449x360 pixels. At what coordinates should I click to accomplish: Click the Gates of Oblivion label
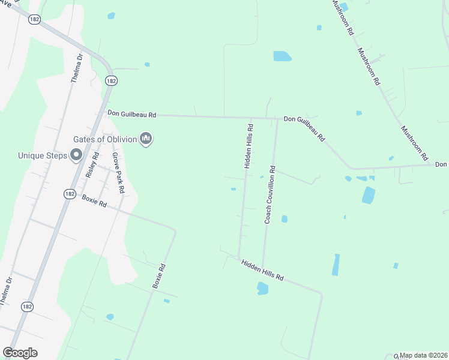pyautogui.click(x=105, y=139)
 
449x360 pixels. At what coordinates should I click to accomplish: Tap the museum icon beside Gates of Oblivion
pyautogui.click(x=145, y=140)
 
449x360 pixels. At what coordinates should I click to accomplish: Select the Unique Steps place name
pyautogui.click(x=43, y=155)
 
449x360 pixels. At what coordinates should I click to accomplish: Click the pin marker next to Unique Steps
pyautogui.click(x=76, y=156)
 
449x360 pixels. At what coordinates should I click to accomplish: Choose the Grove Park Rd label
pyautogui.click(x=118, y=172)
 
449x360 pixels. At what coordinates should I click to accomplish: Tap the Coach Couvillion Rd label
pyautogui.click(x=270, y=195)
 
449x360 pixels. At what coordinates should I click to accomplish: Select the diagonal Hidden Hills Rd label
pyautogui.click(x=262, y=270)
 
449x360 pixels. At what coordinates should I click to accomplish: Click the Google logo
pyautogui.click(x=20, y=353)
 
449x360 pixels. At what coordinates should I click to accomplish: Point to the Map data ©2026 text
pyautogui.click(x=423, y=355)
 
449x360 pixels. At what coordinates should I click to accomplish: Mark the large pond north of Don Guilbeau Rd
pyautogui.click(x=282, y=56)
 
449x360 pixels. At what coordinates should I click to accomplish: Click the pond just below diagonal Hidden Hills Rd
pyautogui.click(x=262, y=289)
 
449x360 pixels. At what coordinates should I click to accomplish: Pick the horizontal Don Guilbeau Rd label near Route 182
pyautogui.click(x=131, y=113)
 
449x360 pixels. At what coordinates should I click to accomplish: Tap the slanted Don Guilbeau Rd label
pyautogui.click(x=305, y=128)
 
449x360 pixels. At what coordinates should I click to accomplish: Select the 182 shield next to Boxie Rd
pyautogui.click(x=70, y=194)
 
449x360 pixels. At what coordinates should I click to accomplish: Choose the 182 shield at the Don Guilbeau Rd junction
pyautogui.click(x=110, y=80)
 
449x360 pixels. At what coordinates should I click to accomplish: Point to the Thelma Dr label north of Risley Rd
pyautogui.click(x=76, y=69)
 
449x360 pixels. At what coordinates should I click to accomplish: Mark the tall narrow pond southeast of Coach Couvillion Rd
pyautogui.click(x=336, y=265)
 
